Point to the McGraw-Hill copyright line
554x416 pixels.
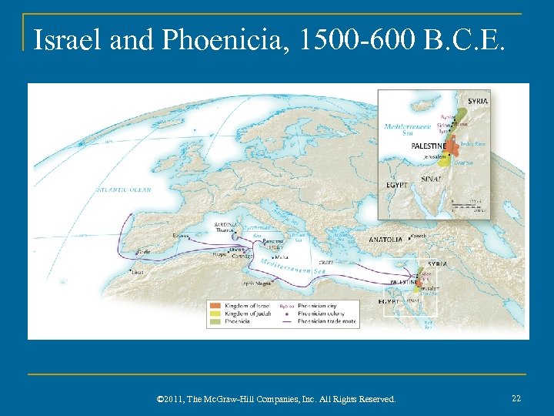pyautogui.click(x=275, y=399)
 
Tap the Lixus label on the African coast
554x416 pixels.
pyautogui.click(x=137, y=272)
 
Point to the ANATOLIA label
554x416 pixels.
pyautogui.click(x=385, y=240)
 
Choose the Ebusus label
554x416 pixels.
pyautogui.click(x=181, y=236)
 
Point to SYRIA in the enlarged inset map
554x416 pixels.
pyautogui.click(x=477, y=101)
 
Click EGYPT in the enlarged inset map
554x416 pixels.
pyautogui.click(x=397, y=185)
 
